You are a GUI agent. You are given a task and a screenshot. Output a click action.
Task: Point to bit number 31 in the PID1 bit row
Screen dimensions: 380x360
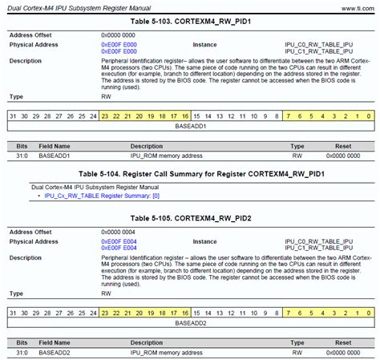[x=12, y=116]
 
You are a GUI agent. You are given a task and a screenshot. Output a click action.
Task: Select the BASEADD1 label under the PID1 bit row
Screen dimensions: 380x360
[x=190, y=127]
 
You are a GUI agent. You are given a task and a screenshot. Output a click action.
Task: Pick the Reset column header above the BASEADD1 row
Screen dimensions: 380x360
[x=342, y=147]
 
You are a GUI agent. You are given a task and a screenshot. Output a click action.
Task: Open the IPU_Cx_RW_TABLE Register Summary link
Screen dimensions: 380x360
[x=102, y=196]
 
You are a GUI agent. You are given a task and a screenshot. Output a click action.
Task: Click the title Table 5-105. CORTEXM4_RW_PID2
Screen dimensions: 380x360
[x=189, y=218]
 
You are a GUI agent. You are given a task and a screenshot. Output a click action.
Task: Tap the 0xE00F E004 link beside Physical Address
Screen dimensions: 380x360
[x=118, y=241]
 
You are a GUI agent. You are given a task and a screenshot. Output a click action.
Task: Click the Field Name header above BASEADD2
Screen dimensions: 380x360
[x=54, y=342]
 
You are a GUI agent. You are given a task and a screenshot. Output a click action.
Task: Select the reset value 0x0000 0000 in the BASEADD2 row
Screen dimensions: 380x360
[x=342, y=351]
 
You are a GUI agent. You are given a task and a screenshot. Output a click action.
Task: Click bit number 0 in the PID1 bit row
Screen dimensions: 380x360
[x=367, y=116]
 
